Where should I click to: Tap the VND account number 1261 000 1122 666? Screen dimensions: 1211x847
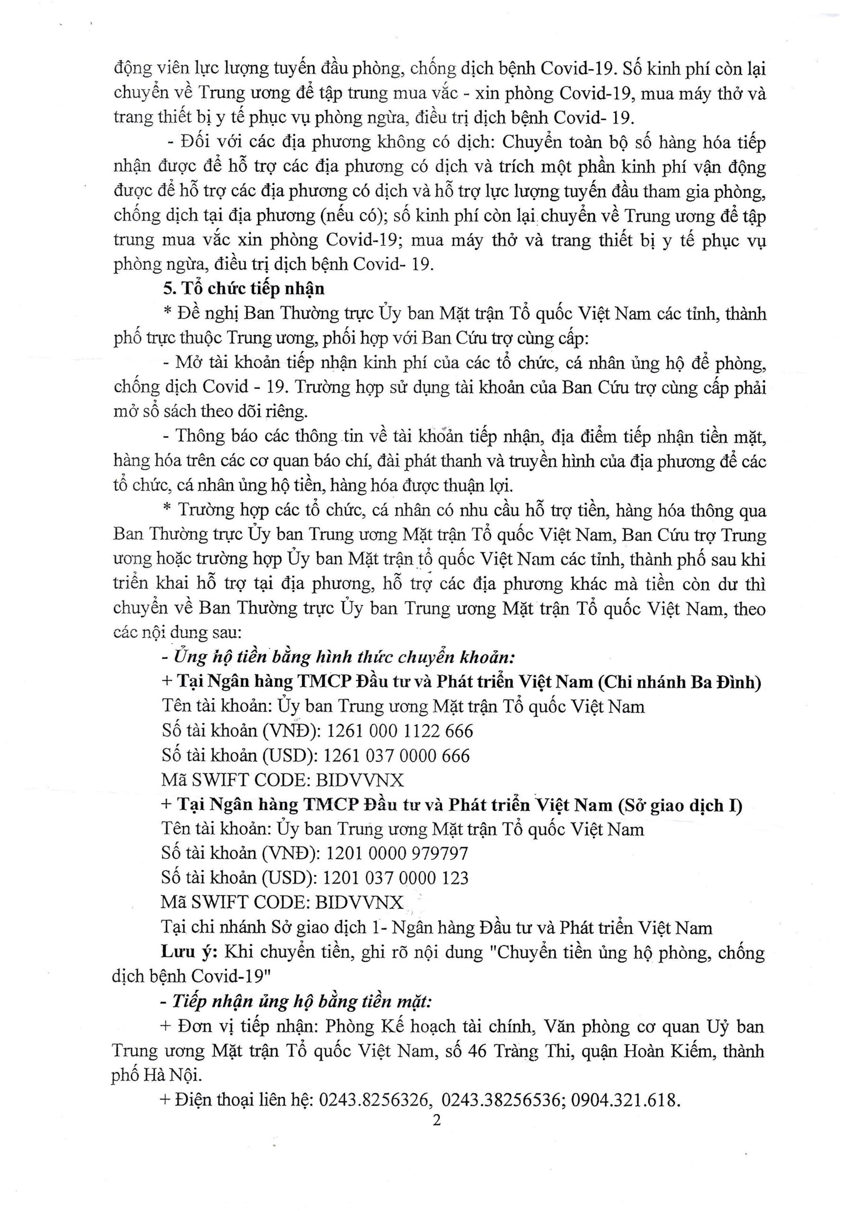coord(400,731)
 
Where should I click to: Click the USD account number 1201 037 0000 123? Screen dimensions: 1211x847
coord(395,878)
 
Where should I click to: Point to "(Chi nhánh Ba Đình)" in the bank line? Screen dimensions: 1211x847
coord(679,682)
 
